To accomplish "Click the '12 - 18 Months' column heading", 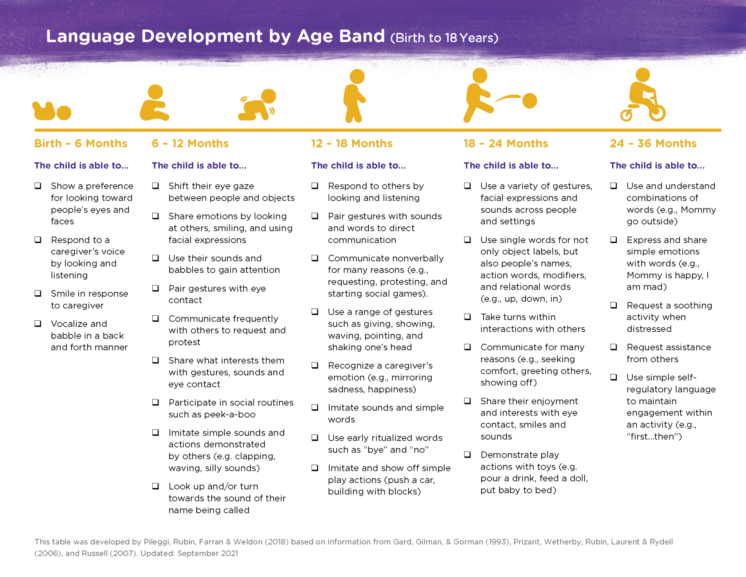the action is [x=352, y=144].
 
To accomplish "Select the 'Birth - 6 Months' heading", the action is [x=81, y=144].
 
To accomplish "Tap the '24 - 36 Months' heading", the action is [x=653, y=144].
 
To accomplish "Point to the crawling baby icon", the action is [x=257, y=105].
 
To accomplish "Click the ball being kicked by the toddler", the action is [x=530, y=101].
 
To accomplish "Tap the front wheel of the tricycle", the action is [x=657, y=113].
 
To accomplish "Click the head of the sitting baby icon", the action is [x=156, y=92].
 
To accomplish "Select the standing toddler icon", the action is [x=355, y=96].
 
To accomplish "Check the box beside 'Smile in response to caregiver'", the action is [x=38, y=293].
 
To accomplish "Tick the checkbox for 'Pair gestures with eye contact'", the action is [x=156, y=288].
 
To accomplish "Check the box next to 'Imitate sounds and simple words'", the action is [x=315, y=408].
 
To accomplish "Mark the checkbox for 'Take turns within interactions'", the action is [x=468, y=317].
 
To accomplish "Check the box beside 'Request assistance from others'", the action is [x=614, y=347].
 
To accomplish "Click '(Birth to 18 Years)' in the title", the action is [x=444, y=38].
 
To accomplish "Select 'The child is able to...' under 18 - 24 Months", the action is [x=511, y=165].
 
